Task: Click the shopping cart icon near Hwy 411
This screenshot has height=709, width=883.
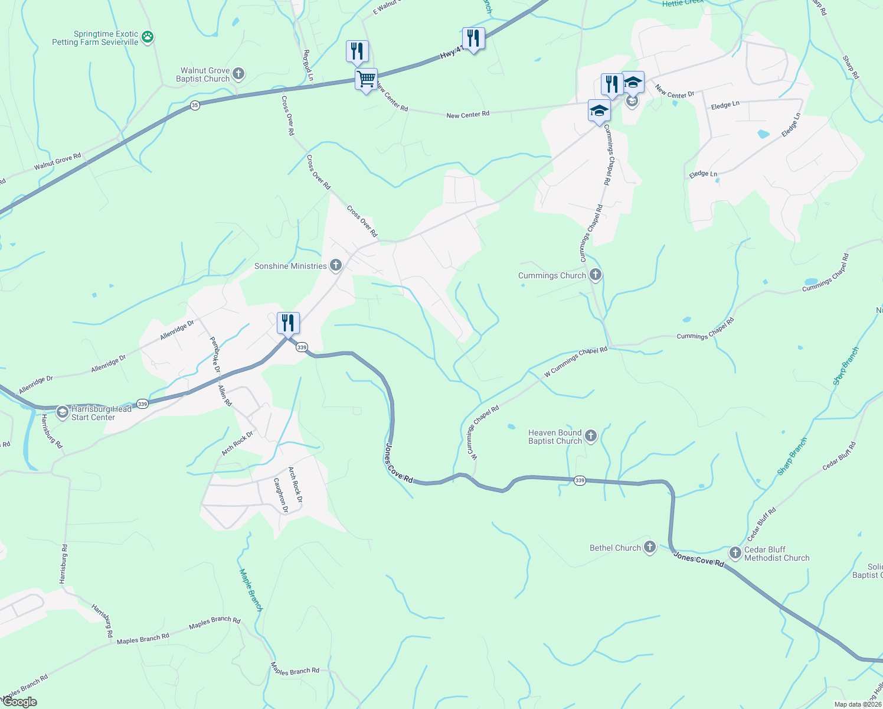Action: (x=366, y=79)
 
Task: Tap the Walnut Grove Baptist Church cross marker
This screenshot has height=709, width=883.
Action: (x=238, y=74)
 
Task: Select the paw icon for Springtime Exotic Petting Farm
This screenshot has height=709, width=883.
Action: (x=147, y=38)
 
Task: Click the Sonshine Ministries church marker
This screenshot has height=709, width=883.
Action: (x=336, y=265)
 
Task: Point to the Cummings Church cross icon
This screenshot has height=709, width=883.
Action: (x=595, y=275)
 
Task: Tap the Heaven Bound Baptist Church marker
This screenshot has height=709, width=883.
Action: (x=590, y=436)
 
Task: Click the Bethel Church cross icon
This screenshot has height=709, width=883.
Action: (x=649, y=547)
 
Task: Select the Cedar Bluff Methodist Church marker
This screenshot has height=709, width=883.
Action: (x=735, y=553)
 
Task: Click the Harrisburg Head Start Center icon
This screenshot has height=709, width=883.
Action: (x=62, y=412)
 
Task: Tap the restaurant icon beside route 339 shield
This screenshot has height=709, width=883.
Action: (x=288, y=323)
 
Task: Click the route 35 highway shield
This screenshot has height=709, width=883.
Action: (x=195, y=105)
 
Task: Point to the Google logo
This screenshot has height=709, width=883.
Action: (x=19, y=702)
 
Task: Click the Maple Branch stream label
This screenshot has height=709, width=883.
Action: (x=250, y=589)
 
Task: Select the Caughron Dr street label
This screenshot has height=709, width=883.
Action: (x=281, y=495)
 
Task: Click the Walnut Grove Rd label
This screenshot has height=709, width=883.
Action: (x=57, y=161)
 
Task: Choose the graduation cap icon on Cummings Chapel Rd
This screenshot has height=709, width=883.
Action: (x=599, y=110)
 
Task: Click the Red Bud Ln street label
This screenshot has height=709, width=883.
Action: (x=308, y=65)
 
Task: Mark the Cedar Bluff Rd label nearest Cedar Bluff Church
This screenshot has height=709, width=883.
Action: (x=761, y=524)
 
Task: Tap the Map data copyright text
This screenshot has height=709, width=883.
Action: (x=858, y=704)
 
